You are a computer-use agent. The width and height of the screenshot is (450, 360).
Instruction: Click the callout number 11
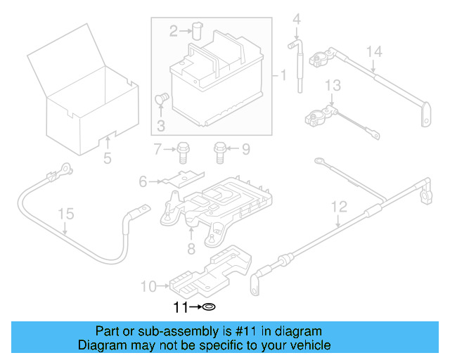point(181,307)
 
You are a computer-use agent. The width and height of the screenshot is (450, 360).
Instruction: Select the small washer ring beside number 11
point(209,307)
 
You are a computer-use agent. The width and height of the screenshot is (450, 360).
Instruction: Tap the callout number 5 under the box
point(107,158)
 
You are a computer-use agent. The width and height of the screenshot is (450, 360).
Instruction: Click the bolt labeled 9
point(219,149)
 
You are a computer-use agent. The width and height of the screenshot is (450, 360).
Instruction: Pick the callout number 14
point(374,51)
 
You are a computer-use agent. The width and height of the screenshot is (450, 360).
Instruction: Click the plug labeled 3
point(160,99)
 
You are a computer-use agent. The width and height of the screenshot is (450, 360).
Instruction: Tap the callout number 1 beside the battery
point(283,75)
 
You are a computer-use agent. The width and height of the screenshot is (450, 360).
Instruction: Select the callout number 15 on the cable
point(65,213)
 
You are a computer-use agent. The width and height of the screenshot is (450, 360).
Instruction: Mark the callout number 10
point(148,286)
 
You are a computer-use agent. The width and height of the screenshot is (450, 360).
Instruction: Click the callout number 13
point(332,85)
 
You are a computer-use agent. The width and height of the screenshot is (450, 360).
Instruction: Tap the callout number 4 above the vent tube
point(296,18)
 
